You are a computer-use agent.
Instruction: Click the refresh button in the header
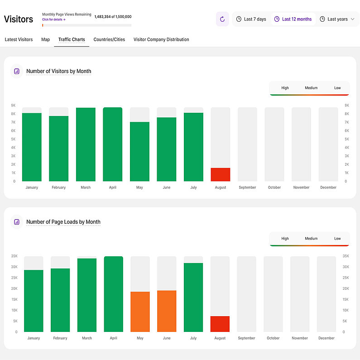pos(222,19)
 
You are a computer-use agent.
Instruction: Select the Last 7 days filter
pos(251,19)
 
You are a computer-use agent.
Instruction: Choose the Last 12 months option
pos(293,19)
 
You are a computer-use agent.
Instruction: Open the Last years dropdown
pos(337,19)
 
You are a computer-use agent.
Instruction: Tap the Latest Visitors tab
pos(19,39)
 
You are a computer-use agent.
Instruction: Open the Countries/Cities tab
pos(109,39)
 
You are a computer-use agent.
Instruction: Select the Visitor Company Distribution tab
pos(161,39)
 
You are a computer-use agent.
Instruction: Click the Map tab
pos(45,39)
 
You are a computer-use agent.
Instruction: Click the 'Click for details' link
pos(54,19)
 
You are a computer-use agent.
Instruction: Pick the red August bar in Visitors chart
pos(220,175)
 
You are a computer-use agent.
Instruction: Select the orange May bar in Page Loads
pos(140,312)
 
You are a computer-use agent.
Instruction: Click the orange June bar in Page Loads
pos(167,311)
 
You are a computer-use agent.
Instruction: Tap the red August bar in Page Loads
pos(220,324)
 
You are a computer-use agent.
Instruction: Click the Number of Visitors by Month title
pos(59,71)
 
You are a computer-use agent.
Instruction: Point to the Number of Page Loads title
pos(63,222)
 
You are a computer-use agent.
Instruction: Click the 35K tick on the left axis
pos(14,256)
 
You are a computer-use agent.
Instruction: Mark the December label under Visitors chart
pos(328,187)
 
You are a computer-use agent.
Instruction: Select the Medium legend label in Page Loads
pos(311,239)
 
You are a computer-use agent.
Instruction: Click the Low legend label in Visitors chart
pos(337,88)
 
